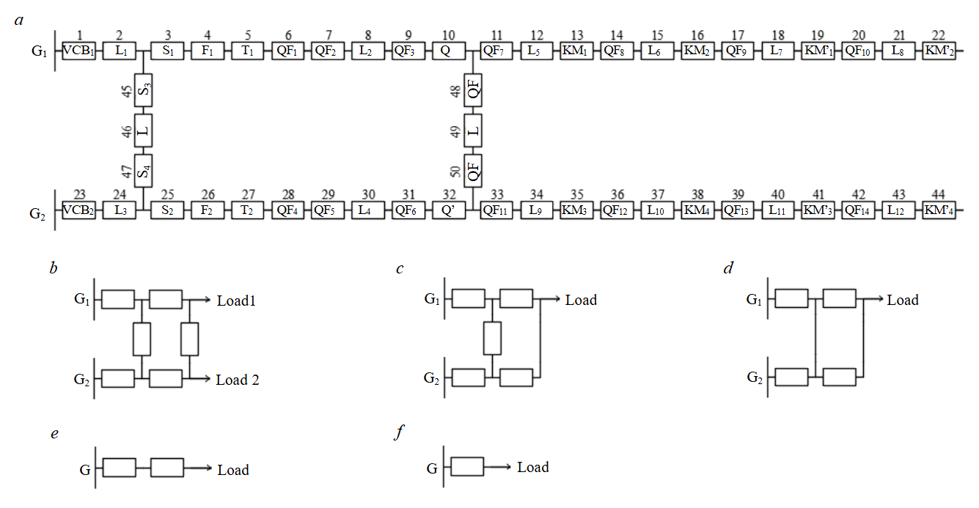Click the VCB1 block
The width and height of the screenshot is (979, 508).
tap(78, 51)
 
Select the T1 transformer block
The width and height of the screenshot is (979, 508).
tap(248, 51)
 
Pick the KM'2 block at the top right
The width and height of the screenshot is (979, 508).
tap(939, 51)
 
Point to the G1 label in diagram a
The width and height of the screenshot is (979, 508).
tap(37, 52)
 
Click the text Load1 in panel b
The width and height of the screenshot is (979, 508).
tap(236, 301)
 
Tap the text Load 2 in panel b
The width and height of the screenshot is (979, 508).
tap(238, 380)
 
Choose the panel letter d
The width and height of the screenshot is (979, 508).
tap(727, 269)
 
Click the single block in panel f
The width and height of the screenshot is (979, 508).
tap(467, 467)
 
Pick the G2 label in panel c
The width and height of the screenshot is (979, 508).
tap(433, 378)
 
